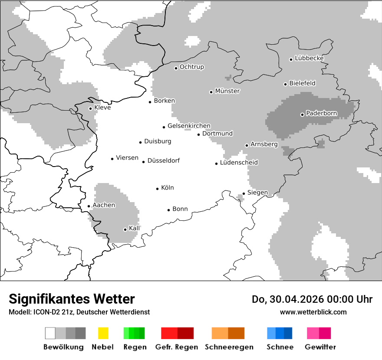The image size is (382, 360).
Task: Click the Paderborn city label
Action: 321,114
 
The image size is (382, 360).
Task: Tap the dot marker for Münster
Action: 211,92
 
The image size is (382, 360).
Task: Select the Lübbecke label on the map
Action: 309,58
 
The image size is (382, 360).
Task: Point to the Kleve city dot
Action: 90,108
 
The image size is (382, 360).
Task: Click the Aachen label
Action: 104,205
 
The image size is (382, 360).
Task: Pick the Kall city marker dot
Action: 125,229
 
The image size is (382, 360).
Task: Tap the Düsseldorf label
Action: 163,161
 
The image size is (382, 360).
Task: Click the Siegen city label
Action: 257,193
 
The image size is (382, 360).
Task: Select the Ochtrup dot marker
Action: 176,68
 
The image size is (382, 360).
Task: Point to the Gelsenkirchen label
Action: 189,126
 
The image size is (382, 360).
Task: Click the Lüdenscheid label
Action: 239,163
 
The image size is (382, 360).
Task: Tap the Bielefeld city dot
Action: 286,84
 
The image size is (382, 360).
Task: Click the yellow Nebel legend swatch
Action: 103,333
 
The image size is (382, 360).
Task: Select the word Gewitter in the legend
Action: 320,347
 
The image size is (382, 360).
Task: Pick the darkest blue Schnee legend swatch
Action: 288,333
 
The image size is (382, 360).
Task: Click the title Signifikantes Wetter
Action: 72,299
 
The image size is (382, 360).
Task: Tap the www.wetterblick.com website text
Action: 313,312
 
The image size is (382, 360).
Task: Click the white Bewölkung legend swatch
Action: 50,333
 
